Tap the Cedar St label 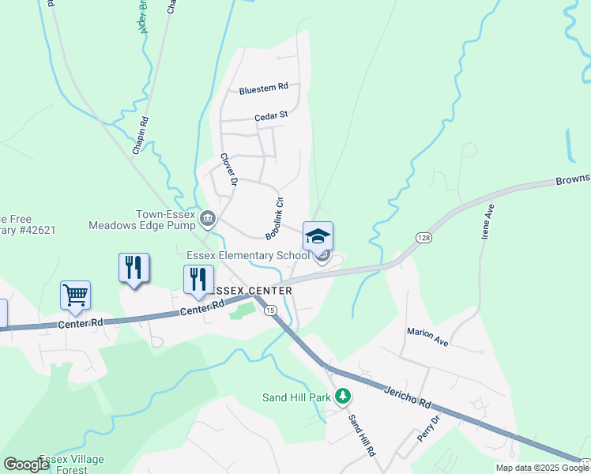[x=271, y=116]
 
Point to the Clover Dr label [x=229, y=169]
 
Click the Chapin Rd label [x=141, y=136]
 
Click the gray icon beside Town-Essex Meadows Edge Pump [x=208, y=217]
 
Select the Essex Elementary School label [x=248, y=255]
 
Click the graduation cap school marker [x=318, y=237]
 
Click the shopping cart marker [x=75, y=295]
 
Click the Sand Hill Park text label [x=296, y=397]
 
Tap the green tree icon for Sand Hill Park [x=342, y=395]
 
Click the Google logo [x=27, y=465]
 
